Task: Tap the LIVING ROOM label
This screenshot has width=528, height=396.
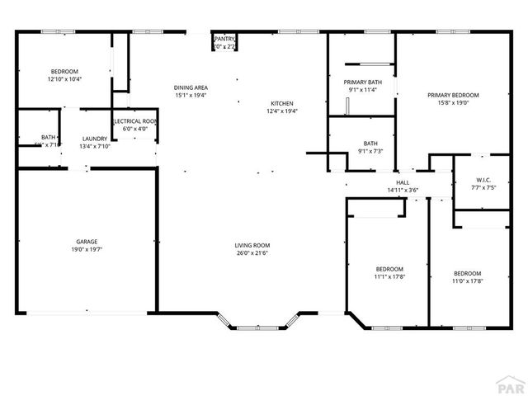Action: click(x=252, y=245)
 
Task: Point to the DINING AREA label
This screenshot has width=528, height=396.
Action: click(x=191, y=87)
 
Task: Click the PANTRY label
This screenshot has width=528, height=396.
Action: click(x=224, y=39)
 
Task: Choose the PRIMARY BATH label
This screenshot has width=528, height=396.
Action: click(x=363, y=82)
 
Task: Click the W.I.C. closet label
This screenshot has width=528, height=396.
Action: click(x=484, y=180)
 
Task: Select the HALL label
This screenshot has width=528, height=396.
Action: click(x=403, y=182)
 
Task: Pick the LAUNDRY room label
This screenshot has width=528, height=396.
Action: click(x=93, y=139)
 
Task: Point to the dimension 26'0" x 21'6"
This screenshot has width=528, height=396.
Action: click(x=252, y=252)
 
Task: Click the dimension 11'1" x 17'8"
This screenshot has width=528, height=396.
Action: click(x=389, y=277)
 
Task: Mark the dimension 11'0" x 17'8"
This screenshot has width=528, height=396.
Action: click(x=468, y=280)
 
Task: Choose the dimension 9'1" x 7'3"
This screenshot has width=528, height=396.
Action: click(x=370, y=151)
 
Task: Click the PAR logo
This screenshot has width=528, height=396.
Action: click(x=511, y=384)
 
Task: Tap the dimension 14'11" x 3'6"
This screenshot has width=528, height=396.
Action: click(x=403, y=190)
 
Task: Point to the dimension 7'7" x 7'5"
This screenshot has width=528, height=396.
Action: click(x=484, y=187)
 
